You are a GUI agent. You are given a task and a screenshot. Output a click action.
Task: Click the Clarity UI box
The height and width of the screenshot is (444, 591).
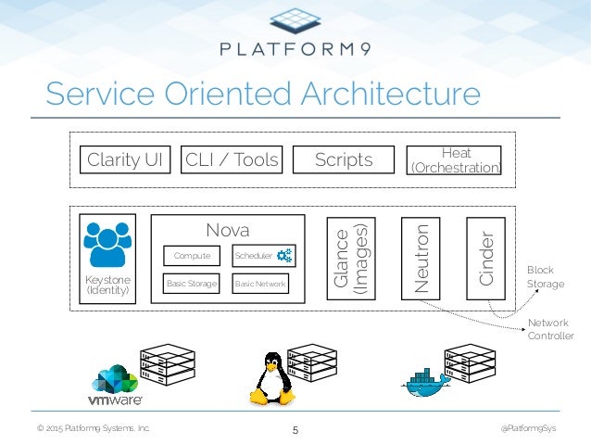[125, 159]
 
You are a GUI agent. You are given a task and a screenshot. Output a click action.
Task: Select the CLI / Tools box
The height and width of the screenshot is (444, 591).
[232, 159]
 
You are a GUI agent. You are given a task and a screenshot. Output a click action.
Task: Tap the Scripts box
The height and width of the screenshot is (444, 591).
[344, 159]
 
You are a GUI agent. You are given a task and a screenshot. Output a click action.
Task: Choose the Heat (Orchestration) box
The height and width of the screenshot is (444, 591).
[454, 160]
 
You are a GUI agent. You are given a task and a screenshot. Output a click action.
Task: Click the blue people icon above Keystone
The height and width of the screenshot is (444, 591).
[107, 245]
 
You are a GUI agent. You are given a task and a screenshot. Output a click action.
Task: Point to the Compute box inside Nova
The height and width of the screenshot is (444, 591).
[192, 256]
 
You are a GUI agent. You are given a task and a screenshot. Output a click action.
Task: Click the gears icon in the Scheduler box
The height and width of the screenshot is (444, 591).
[284, 256]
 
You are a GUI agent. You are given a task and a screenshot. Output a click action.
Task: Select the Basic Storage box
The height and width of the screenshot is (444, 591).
[192, 284]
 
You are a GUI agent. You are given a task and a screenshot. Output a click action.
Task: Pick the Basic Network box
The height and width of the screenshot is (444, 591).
[260, 284]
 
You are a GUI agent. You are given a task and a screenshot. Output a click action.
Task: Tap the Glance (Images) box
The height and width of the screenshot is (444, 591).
[351, 259]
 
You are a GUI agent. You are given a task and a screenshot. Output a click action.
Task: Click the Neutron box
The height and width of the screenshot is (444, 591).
[421, 259]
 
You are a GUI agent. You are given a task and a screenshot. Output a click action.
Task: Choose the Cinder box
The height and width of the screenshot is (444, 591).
[485, 259]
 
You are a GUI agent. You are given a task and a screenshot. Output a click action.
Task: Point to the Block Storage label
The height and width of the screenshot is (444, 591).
[546, 277]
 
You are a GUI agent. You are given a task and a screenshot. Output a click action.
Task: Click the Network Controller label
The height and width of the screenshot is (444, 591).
[550, 329]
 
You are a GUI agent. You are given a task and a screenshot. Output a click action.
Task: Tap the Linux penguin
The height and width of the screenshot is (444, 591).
[272, 379]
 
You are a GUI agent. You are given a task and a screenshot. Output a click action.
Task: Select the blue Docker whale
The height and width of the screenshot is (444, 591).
[426, 383]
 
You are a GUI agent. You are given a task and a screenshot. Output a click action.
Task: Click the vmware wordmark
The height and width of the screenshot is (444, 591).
[116, 400]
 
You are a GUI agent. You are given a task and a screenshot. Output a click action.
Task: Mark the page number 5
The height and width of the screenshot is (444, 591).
[295, 430]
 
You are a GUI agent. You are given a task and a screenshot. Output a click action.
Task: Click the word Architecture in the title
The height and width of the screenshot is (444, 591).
[391, 94]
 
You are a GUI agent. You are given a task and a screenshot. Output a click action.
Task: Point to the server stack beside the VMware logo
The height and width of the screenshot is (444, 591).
[168, 364]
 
